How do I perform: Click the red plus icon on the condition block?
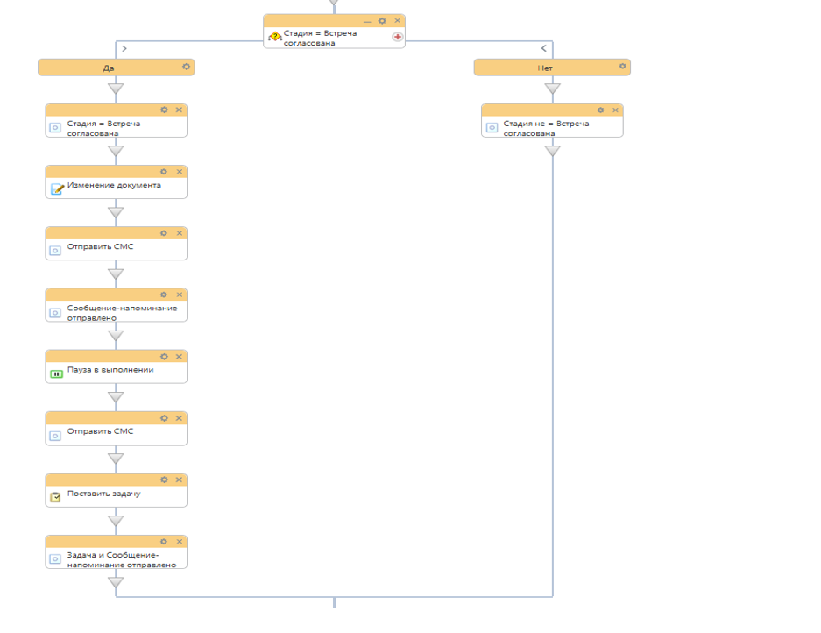398,37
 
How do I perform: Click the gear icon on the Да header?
186,67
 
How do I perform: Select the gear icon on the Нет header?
622,67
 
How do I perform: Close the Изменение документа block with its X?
180,172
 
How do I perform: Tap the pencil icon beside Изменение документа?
57,188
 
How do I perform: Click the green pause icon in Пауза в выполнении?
57,373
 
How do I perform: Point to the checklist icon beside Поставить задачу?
55,497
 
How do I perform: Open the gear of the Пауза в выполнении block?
164,357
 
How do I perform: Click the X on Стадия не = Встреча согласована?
616,110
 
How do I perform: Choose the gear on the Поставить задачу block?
164,480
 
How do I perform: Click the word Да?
109,68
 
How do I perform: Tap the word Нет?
544,68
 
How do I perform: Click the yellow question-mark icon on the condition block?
275,36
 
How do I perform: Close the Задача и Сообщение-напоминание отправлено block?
180,542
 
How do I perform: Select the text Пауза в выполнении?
110,370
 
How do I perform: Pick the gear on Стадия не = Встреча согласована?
600,110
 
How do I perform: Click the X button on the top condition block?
398,20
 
